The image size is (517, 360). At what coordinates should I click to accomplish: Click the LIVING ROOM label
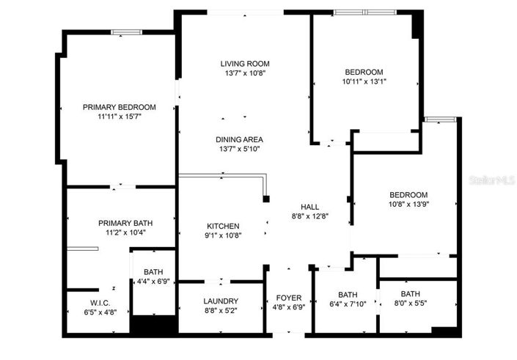click(x=242, y=64)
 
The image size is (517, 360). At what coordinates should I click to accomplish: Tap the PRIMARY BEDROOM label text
click(x=119, y=107)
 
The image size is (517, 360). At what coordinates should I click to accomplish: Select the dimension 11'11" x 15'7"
click(x=119, y=117)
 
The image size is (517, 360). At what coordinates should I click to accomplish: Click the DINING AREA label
click(x=239, y=139)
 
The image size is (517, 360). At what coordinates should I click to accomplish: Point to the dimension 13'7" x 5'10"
click(x=239, y=149)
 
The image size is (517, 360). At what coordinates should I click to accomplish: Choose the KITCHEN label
click(x=222, y=226)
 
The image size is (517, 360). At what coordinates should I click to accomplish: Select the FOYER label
click(x=289, y=298)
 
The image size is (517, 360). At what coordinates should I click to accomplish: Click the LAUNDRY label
click(x=221, y=301)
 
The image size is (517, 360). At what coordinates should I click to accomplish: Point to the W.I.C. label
click(x=100, y=302)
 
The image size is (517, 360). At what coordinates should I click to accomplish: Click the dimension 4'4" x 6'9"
click(x=153, y=281)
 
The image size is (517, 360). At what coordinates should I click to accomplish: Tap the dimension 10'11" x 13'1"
click(x=364, y=81)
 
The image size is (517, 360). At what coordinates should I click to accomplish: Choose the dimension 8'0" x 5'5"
click(x=410, y=304)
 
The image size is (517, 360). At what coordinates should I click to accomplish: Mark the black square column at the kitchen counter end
click(x=267, y=199)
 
